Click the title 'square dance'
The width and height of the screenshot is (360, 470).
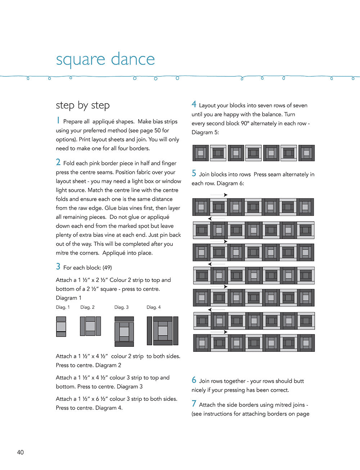[105, 59]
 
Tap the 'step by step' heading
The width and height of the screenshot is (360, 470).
[83, 105]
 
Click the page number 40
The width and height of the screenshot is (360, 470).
[21, 452]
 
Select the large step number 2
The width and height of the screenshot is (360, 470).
[58, 162]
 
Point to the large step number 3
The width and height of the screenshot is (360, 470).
[58, 267]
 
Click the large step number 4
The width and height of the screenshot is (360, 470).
[194, 104]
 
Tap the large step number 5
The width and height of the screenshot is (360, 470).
[194, 173]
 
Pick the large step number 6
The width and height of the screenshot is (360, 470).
[194, 380]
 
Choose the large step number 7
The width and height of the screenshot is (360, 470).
[194, 404]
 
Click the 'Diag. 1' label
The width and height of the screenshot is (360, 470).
[63, 307]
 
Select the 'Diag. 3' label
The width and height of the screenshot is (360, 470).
[121, 307]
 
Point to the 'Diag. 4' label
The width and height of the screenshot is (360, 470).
[154, 307]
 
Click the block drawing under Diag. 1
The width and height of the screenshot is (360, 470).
[61, 327]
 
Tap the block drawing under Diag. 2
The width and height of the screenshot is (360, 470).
[90, 326]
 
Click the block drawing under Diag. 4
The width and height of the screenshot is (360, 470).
[163, 331]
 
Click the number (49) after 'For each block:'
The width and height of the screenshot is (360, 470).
[107, 268]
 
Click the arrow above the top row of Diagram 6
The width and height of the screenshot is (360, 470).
[219, 195]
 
